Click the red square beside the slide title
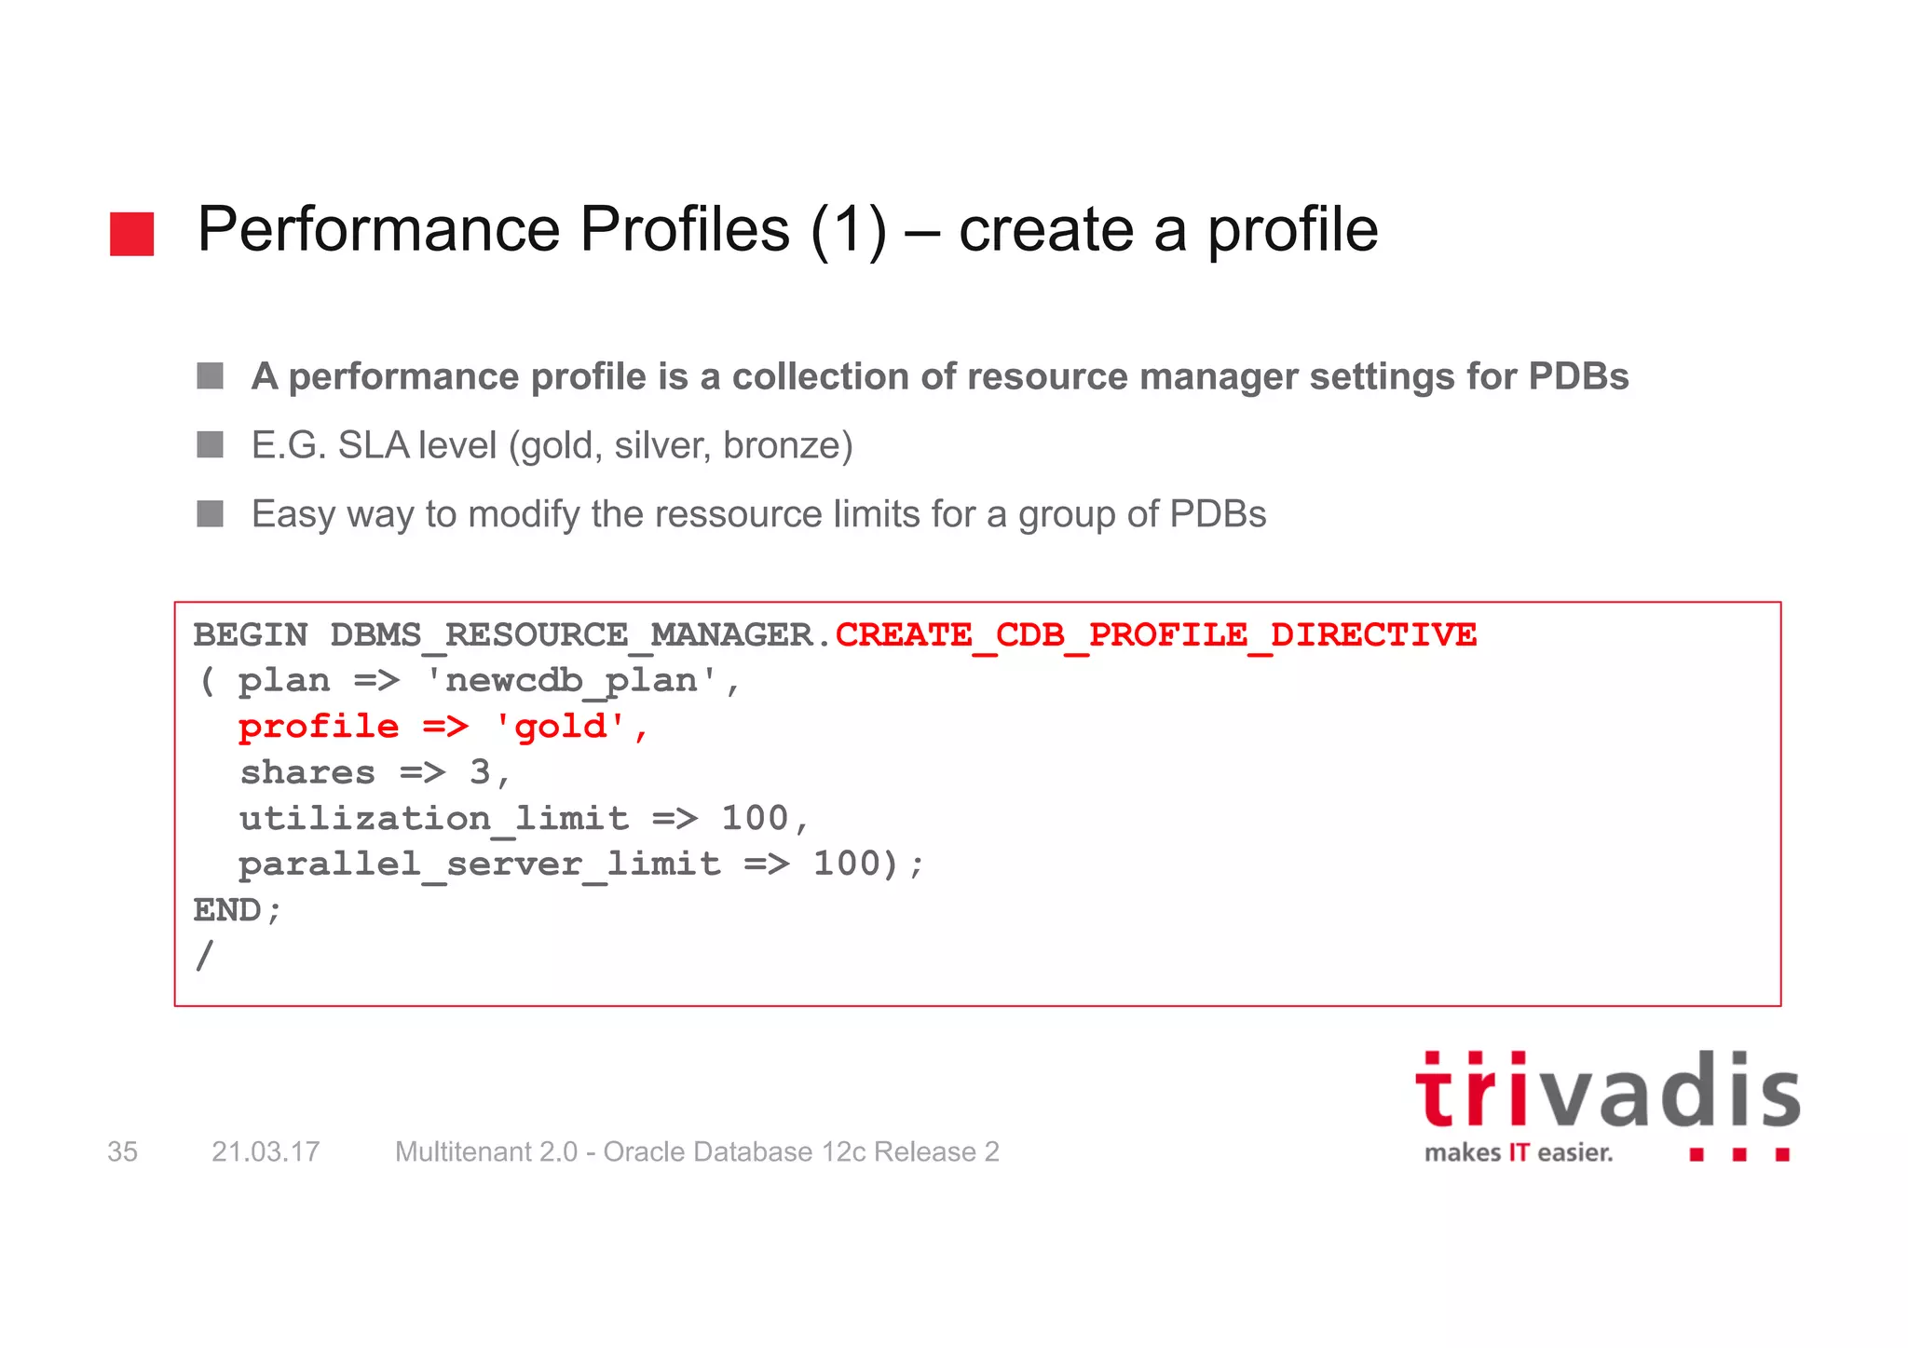[131, 234]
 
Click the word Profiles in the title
[684, 229]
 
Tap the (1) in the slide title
[848, 229]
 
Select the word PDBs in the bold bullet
[1578, 376]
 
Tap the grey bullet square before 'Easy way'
[211, 513]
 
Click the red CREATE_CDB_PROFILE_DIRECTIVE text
[1155, 635]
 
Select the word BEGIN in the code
[250, 635]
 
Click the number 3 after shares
[480, 772]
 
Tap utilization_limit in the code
[433, 818]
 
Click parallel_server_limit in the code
[479, 864]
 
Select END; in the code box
[237, 910]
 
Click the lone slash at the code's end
[205, 956]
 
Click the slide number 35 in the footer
[122, 1152]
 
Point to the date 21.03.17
[266, 1152]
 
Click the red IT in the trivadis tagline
[1519, 1153]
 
